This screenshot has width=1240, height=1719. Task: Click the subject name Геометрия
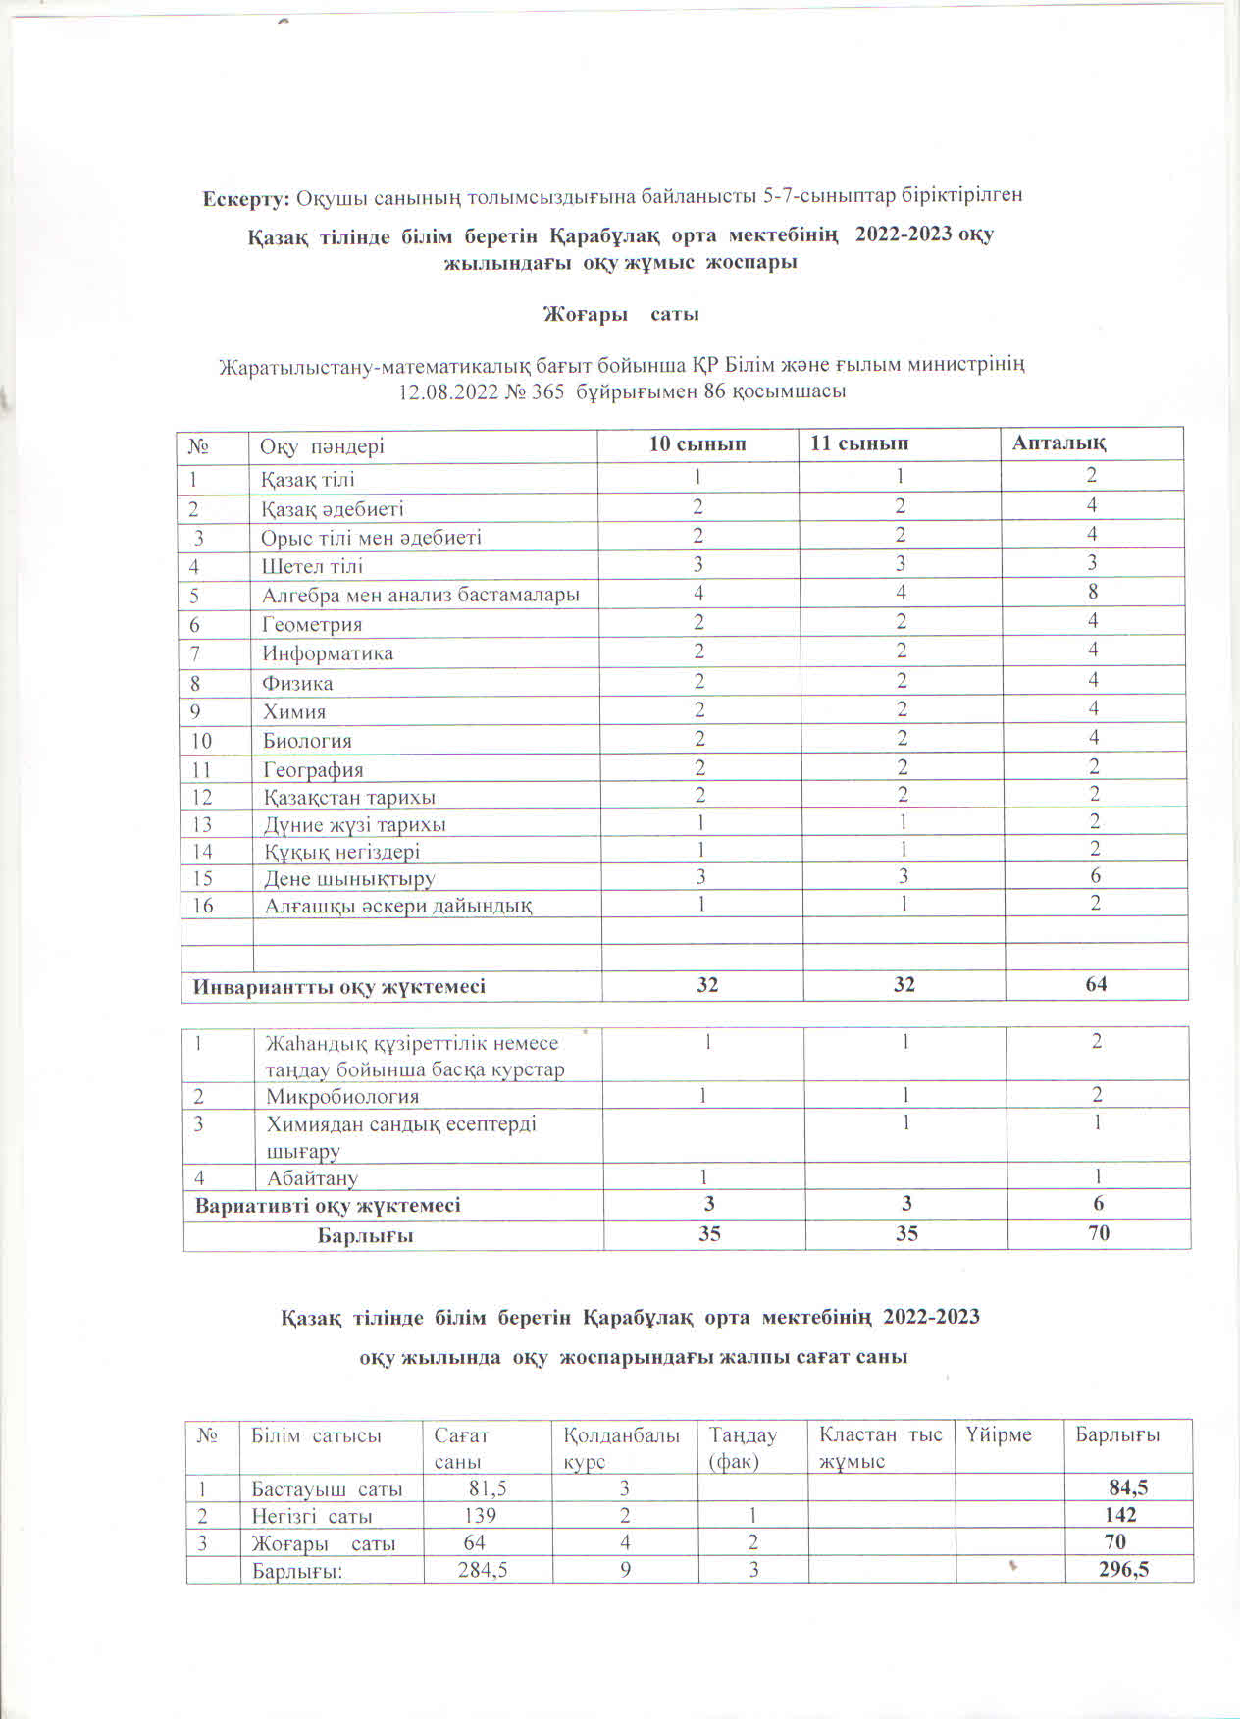pyautogui.click(x=312, y=624)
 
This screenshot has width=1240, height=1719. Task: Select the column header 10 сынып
pyautogui.click(x=697, y=444)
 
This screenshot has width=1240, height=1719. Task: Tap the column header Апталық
pyautogui.click(x=1059, y=443)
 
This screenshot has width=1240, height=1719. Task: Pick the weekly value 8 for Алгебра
pyautogui.click(x=1093, y=592)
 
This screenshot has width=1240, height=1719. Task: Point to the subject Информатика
pyautogui.click(x=328, y=653)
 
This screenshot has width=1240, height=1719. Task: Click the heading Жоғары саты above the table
pyautogui.click(x=621, y=315)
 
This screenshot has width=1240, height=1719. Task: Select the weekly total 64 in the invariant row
pyautogui.click(x=1096, y=984)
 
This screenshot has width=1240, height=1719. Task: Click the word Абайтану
pyautogui.click(x=312, y=1178)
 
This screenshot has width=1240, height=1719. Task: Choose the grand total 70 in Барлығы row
pyautogui.click(x=1098, y=1233)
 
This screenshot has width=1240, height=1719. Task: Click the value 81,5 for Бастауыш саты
pyautogui.click(x=488, y=1488)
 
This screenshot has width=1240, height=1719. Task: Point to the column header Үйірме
pyautogui.click(x=999, y=1435)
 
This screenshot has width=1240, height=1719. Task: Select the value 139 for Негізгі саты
pyautogui.click(x=480, y=1516)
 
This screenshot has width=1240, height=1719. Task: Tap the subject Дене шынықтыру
pyautogui.click(x=349, y=879)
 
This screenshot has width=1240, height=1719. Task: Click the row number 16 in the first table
pyautogui.click(x=203, y=906)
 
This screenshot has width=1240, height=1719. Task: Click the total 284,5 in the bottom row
pyautogui.click(x=483, y=1570)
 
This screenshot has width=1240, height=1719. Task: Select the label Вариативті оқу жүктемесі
pyautogui.click(x=328, y=1205)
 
